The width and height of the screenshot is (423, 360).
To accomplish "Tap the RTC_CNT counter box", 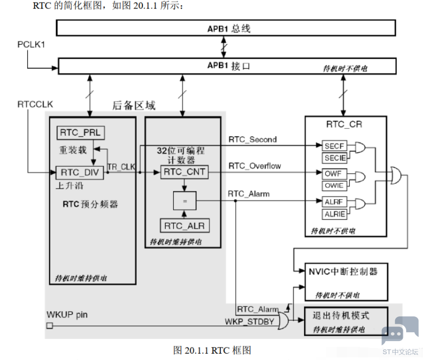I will pyautogui.click(x=184, y=172).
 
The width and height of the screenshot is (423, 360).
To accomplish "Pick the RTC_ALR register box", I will pyautogui.click(x=184, y=226).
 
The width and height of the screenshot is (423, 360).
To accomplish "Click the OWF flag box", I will pyautogui.click(x=334, y=173).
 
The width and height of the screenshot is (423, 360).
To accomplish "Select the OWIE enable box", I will pyautogui.click(x=334, y=186).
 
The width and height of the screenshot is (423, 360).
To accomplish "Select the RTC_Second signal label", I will pyautogui.click(x=253, y=140).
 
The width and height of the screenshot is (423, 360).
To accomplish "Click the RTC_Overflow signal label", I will pyautogui.click(x=255, y=166).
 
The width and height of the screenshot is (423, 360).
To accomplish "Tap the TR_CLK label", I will pyautogui.click(x=122, y=166).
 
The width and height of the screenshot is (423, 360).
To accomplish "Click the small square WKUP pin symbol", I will pyautogui.click(x=50, y=326).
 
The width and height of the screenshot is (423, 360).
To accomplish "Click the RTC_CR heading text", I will pyautogui.click(x=345, y=125).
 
